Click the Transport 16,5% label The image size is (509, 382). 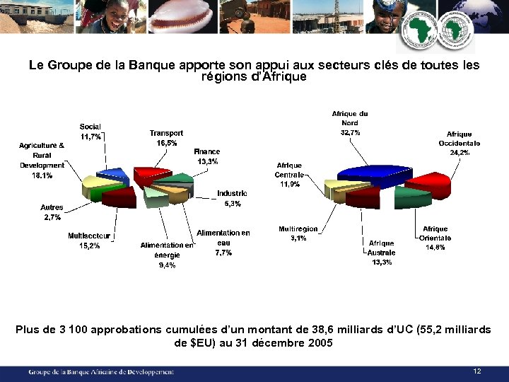tap(166, 137)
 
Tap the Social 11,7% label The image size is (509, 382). tap(90, 131)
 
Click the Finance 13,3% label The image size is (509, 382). tap(207, 156)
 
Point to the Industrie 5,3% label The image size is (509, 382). tap(232, 198)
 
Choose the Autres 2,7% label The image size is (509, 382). tap(52, 212)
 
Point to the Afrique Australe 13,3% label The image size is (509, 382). tap(382, 253)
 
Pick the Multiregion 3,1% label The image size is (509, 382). tap(298, 234)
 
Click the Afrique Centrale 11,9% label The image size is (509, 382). tap(289, 175)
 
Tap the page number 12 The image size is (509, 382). tap(477, 371)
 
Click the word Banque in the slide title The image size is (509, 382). tap(148, 65)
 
